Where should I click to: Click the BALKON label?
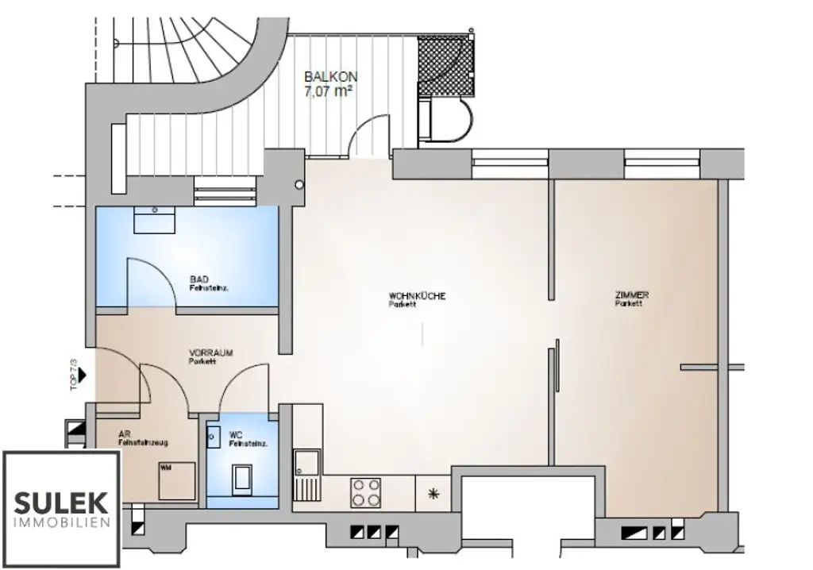330,77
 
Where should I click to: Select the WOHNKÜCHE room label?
417,296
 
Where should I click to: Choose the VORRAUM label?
210,353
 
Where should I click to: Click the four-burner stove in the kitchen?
366,491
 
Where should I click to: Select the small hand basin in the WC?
214,435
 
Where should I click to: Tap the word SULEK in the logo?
61,502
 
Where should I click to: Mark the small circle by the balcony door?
299,185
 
